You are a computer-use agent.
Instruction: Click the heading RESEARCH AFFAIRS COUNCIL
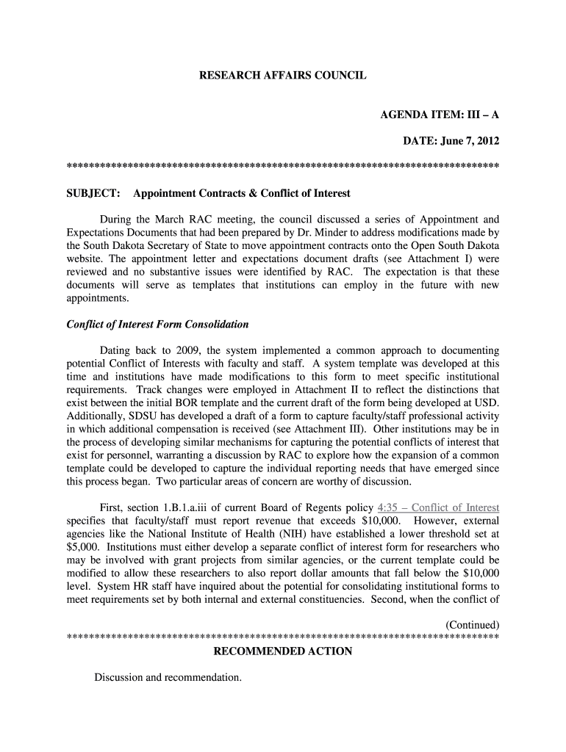(x=282, y=76)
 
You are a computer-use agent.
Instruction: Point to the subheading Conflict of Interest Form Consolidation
(x=157, y=324)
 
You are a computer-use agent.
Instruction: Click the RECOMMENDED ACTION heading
(x=282, y=651)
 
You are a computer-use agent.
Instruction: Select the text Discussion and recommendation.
(x=168, y=677)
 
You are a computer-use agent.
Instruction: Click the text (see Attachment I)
(x=433, y=259)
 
